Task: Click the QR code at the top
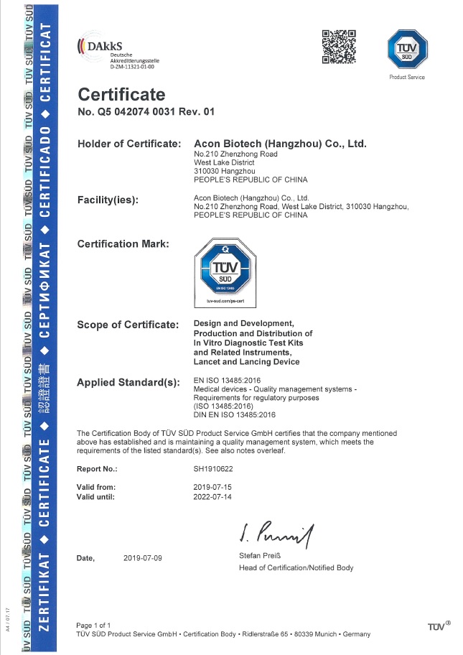[x=339, y=47]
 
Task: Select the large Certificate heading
[x=121, y=94]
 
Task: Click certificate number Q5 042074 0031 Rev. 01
[x=146, y=112]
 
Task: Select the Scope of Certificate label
[x=128, y=325]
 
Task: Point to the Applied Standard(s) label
[x=128, y=382]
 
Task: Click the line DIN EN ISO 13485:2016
[x=234, y=415]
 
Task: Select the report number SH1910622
[x=214, y=468]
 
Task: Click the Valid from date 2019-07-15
[x=214, y=487]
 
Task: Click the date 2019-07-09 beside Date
[x=142, y=557]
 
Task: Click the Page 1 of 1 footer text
[x=93, y=626]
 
